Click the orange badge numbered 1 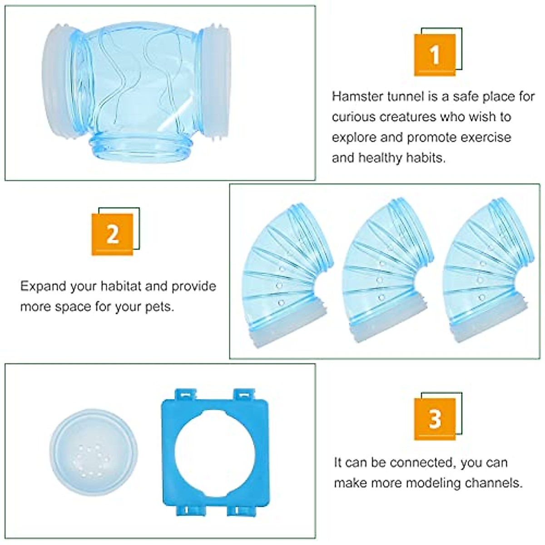tap(435, 54)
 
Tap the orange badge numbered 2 tap(112, 234)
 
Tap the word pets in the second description tap(159, 307)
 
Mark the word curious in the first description tap(354, 117)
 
